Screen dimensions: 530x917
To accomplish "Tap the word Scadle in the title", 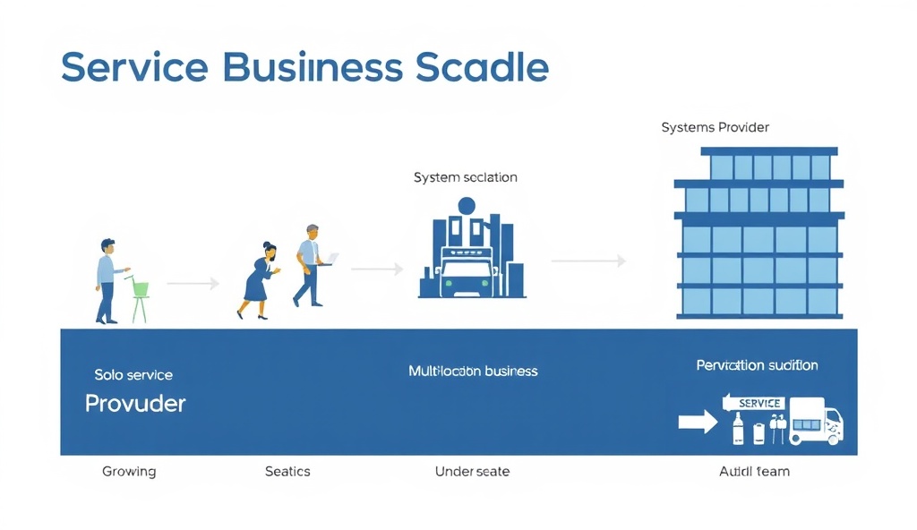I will point(484,68).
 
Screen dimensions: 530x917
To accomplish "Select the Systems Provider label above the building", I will point(715,127).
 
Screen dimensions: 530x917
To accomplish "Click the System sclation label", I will point(465,177).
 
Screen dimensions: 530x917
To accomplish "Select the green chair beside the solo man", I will point(140,299).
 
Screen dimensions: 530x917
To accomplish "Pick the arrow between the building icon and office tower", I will point(588,261).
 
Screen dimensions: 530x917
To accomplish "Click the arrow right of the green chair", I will point(193,283).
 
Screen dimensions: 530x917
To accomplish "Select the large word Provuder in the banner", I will point(135,404).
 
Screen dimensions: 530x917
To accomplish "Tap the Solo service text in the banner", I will point(133,374).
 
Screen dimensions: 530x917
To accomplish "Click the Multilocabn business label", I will point(473,371).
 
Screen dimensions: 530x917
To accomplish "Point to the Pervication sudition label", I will point(757,365).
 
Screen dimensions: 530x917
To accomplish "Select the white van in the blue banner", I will point(815,424).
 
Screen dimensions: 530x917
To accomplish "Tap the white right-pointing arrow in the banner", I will point(698,422).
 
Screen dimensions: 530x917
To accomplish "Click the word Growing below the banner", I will point(129,471).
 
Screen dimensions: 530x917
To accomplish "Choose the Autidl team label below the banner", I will point(754,471).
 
